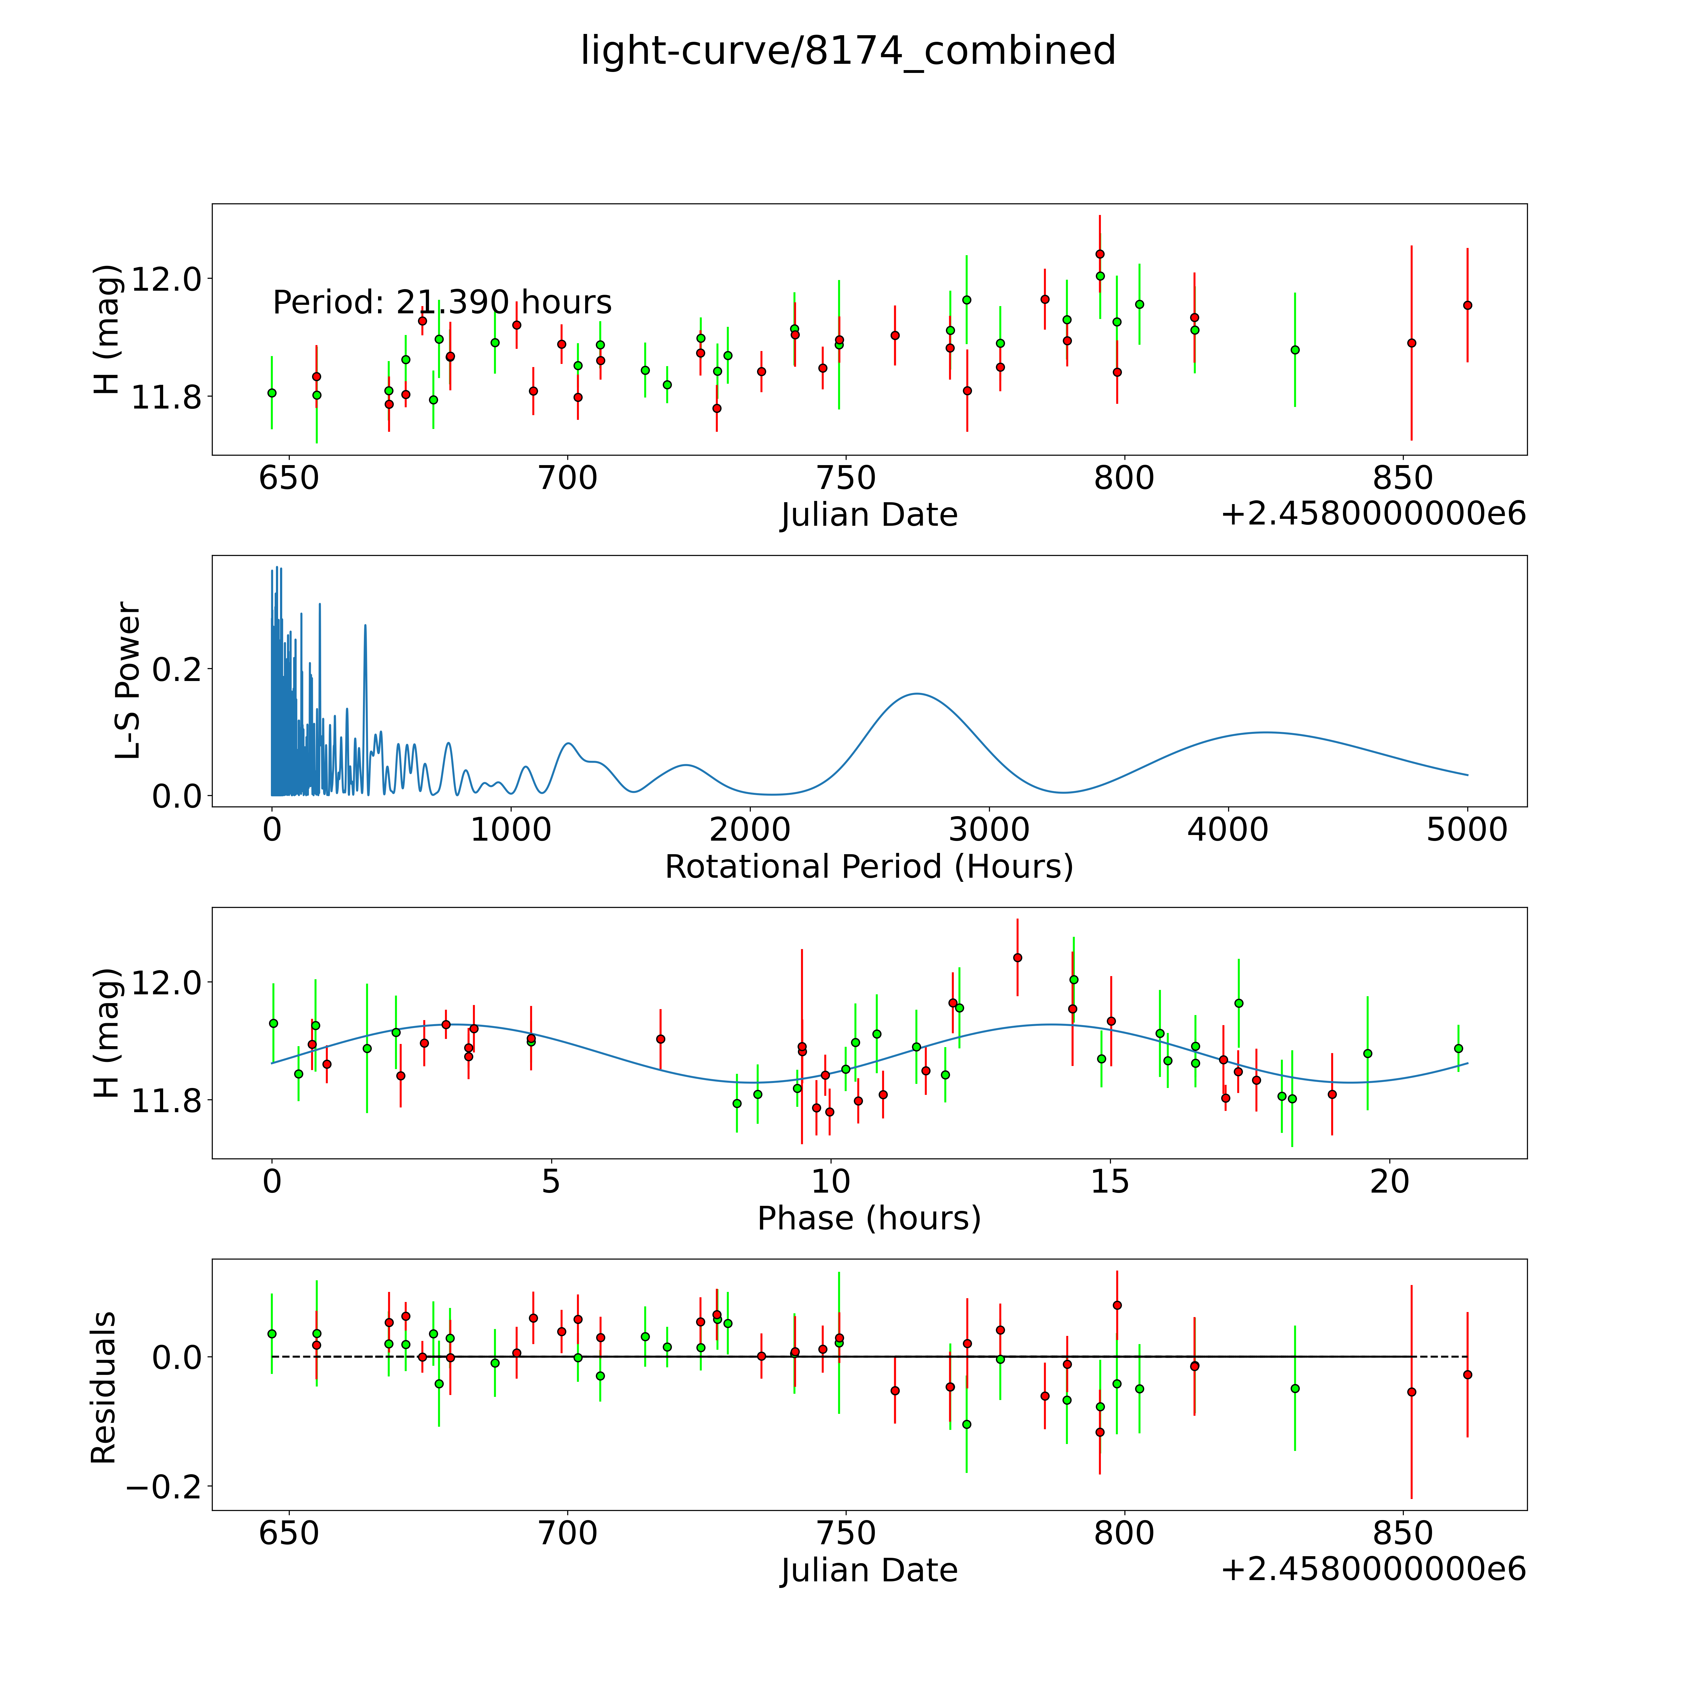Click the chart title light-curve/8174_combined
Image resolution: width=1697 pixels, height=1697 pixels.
(x=848, y=51)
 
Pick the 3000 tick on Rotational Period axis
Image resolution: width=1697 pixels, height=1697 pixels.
(x=989, y=829)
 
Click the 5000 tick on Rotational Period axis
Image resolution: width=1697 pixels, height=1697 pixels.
(x=1467, y=829)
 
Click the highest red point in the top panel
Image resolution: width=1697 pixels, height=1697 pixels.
(x=1100, y=254)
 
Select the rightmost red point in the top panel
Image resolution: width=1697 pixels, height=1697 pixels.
(x=1467, y=305)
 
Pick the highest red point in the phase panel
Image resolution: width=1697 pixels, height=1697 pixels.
(x=1017, y=958)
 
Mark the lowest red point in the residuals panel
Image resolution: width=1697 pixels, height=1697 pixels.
(x=1100, y=1432)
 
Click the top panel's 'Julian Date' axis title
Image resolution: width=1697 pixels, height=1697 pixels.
(x=869, y=515)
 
